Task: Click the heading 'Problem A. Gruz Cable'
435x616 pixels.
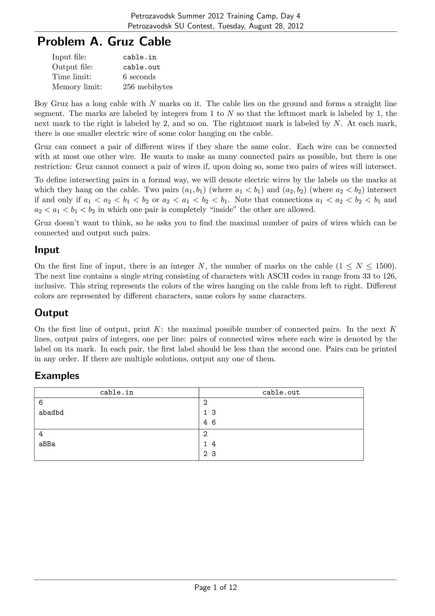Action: coord(104,42)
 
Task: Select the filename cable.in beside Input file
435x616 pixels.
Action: coord(139,57)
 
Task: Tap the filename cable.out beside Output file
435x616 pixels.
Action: coord(142,67)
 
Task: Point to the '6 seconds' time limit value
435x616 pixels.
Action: coord(139,77)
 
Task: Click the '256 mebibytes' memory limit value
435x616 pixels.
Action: coord(148,87)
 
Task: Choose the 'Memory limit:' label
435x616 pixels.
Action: coord(77,87)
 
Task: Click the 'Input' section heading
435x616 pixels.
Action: coord(47,250)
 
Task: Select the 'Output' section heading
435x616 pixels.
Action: coord(51,313)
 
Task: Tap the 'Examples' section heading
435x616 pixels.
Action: coord(57,376)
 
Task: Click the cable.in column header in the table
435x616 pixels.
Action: coord(117,392)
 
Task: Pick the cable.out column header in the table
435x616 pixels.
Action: coord(281,392)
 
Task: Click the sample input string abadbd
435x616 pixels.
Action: coord(51,413)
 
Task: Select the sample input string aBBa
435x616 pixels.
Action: coord(47,444)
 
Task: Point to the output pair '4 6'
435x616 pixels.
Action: coord(209,423)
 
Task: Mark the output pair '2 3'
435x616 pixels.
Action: coord(209,454)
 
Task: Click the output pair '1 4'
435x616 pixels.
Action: coord(209,444)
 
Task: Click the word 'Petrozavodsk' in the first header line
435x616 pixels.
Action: coord(150,16)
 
